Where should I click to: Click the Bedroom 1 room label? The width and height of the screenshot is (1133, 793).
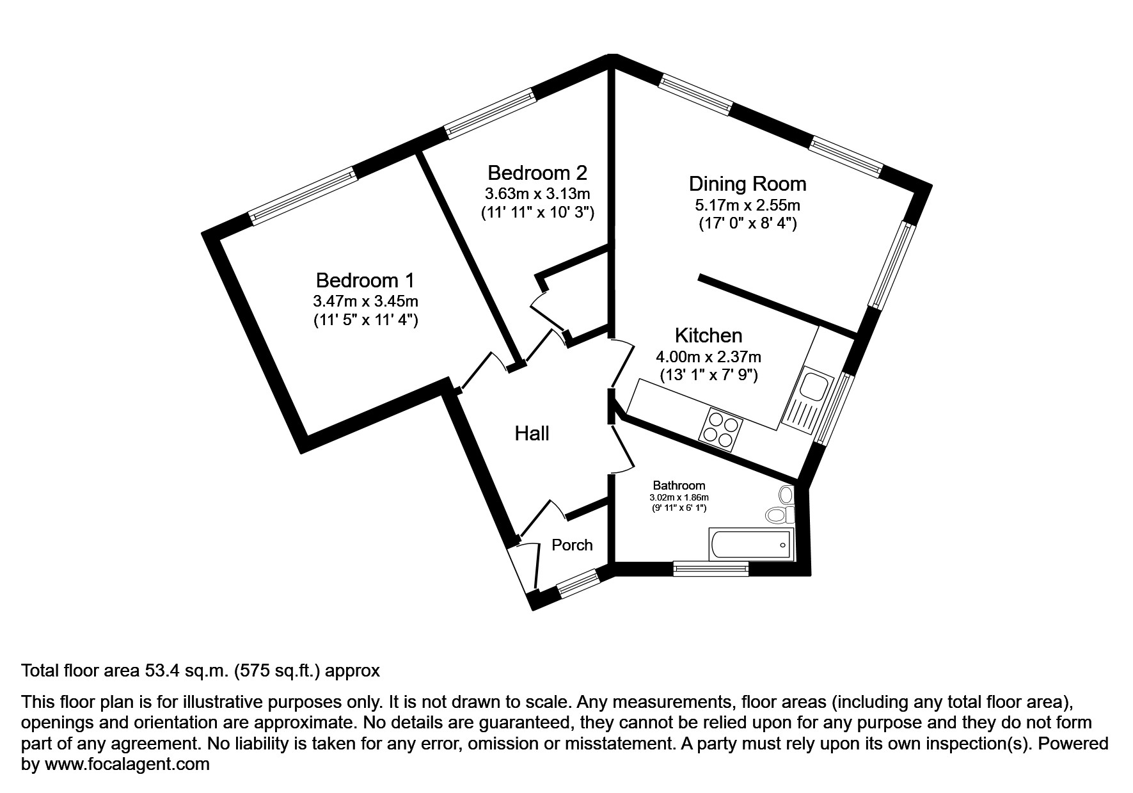point(365,280)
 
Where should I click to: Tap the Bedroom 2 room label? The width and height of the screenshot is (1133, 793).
point(537,173)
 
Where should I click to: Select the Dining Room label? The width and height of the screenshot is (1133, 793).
point(747,184)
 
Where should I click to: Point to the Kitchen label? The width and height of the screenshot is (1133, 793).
point(708,335)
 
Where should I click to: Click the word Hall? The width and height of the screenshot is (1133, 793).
point(532,434)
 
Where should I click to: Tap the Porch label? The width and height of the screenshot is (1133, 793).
point(572,545)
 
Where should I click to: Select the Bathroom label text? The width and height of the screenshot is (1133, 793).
point(679,486)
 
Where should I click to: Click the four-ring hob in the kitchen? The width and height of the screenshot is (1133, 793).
point(722,428)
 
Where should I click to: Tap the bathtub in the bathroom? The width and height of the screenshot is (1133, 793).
point(750,545)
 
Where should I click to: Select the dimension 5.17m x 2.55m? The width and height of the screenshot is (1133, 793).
point(747,205)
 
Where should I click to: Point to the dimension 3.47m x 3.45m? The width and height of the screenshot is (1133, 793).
point(365,301)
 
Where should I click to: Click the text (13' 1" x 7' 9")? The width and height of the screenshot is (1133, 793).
point(708,375)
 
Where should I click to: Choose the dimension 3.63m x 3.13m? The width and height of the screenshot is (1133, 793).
point(537,193)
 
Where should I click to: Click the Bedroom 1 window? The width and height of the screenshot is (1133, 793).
point(303,195)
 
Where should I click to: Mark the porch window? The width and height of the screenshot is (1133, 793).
point(577,582)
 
